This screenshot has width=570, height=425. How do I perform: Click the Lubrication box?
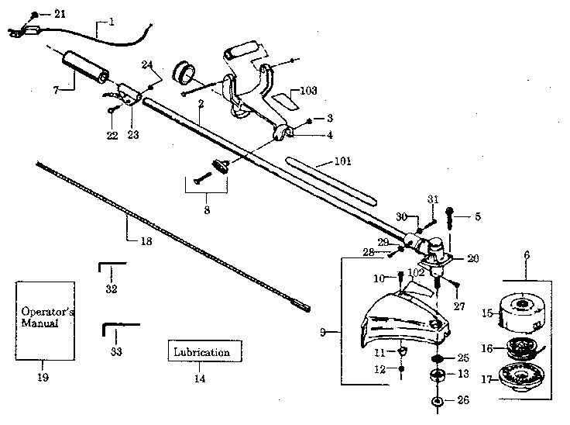pos(201,351)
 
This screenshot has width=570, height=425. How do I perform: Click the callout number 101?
pos(342,162)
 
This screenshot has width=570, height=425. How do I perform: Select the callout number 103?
pos(307,91)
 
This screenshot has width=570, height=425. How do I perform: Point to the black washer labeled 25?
pos(438,358)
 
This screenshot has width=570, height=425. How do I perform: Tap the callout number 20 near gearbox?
pos(472,259)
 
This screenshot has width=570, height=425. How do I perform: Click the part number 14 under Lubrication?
pos(200,379)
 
